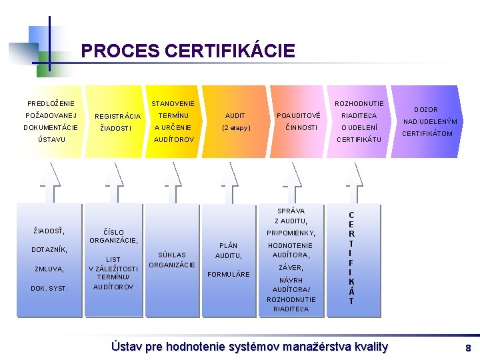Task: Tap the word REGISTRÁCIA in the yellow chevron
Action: pyautogui.click(x=118, y=117)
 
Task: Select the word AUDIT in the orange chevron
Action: pyautogui.click(x=235, y=115)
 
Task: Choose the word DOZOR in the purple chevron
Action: pyautogui.click(x=426, y=109)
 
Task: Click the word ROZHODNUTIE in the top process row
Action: pyautogui.click(x=359, y=103)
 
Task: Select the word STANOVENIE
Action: pyautogui.click(x=173, y=103)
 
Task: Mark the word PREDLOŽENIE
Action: pyautogui.click(x=51, y=103)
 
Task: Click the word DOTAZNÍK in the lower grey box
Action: pyautogui.click(x=49, y=249)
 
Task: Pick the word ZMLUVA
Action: pyautogui.click(x=49, y=269)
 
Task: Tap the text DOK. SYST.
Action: pyautogui.click(x=49, y=288)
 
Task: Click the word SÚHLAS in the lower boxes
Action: pyautogui.click(x=172, y=255)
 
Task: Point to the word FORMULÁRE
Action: pyautogui.click(x=229, y=274)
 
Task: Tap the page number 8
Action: pyautogui.click(x=468, y=348)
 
